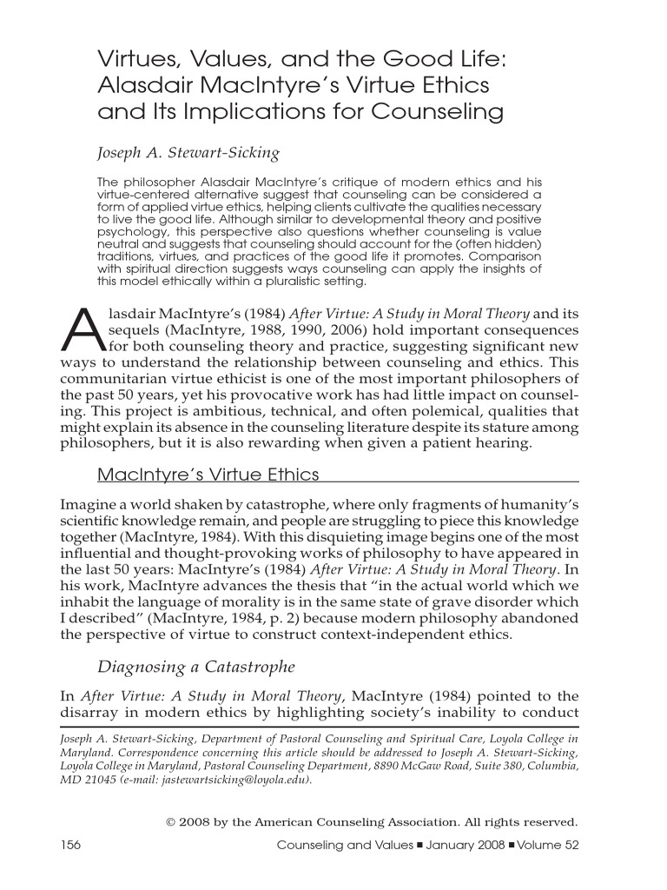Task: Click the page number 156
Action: pyautogui.click(x=73, y=845)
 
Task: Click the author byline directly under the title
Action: pyautogui.click(x=188, y=154)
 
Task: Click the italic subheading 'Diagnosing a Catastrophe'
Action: pyautogui.click(x=195, y=667)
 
